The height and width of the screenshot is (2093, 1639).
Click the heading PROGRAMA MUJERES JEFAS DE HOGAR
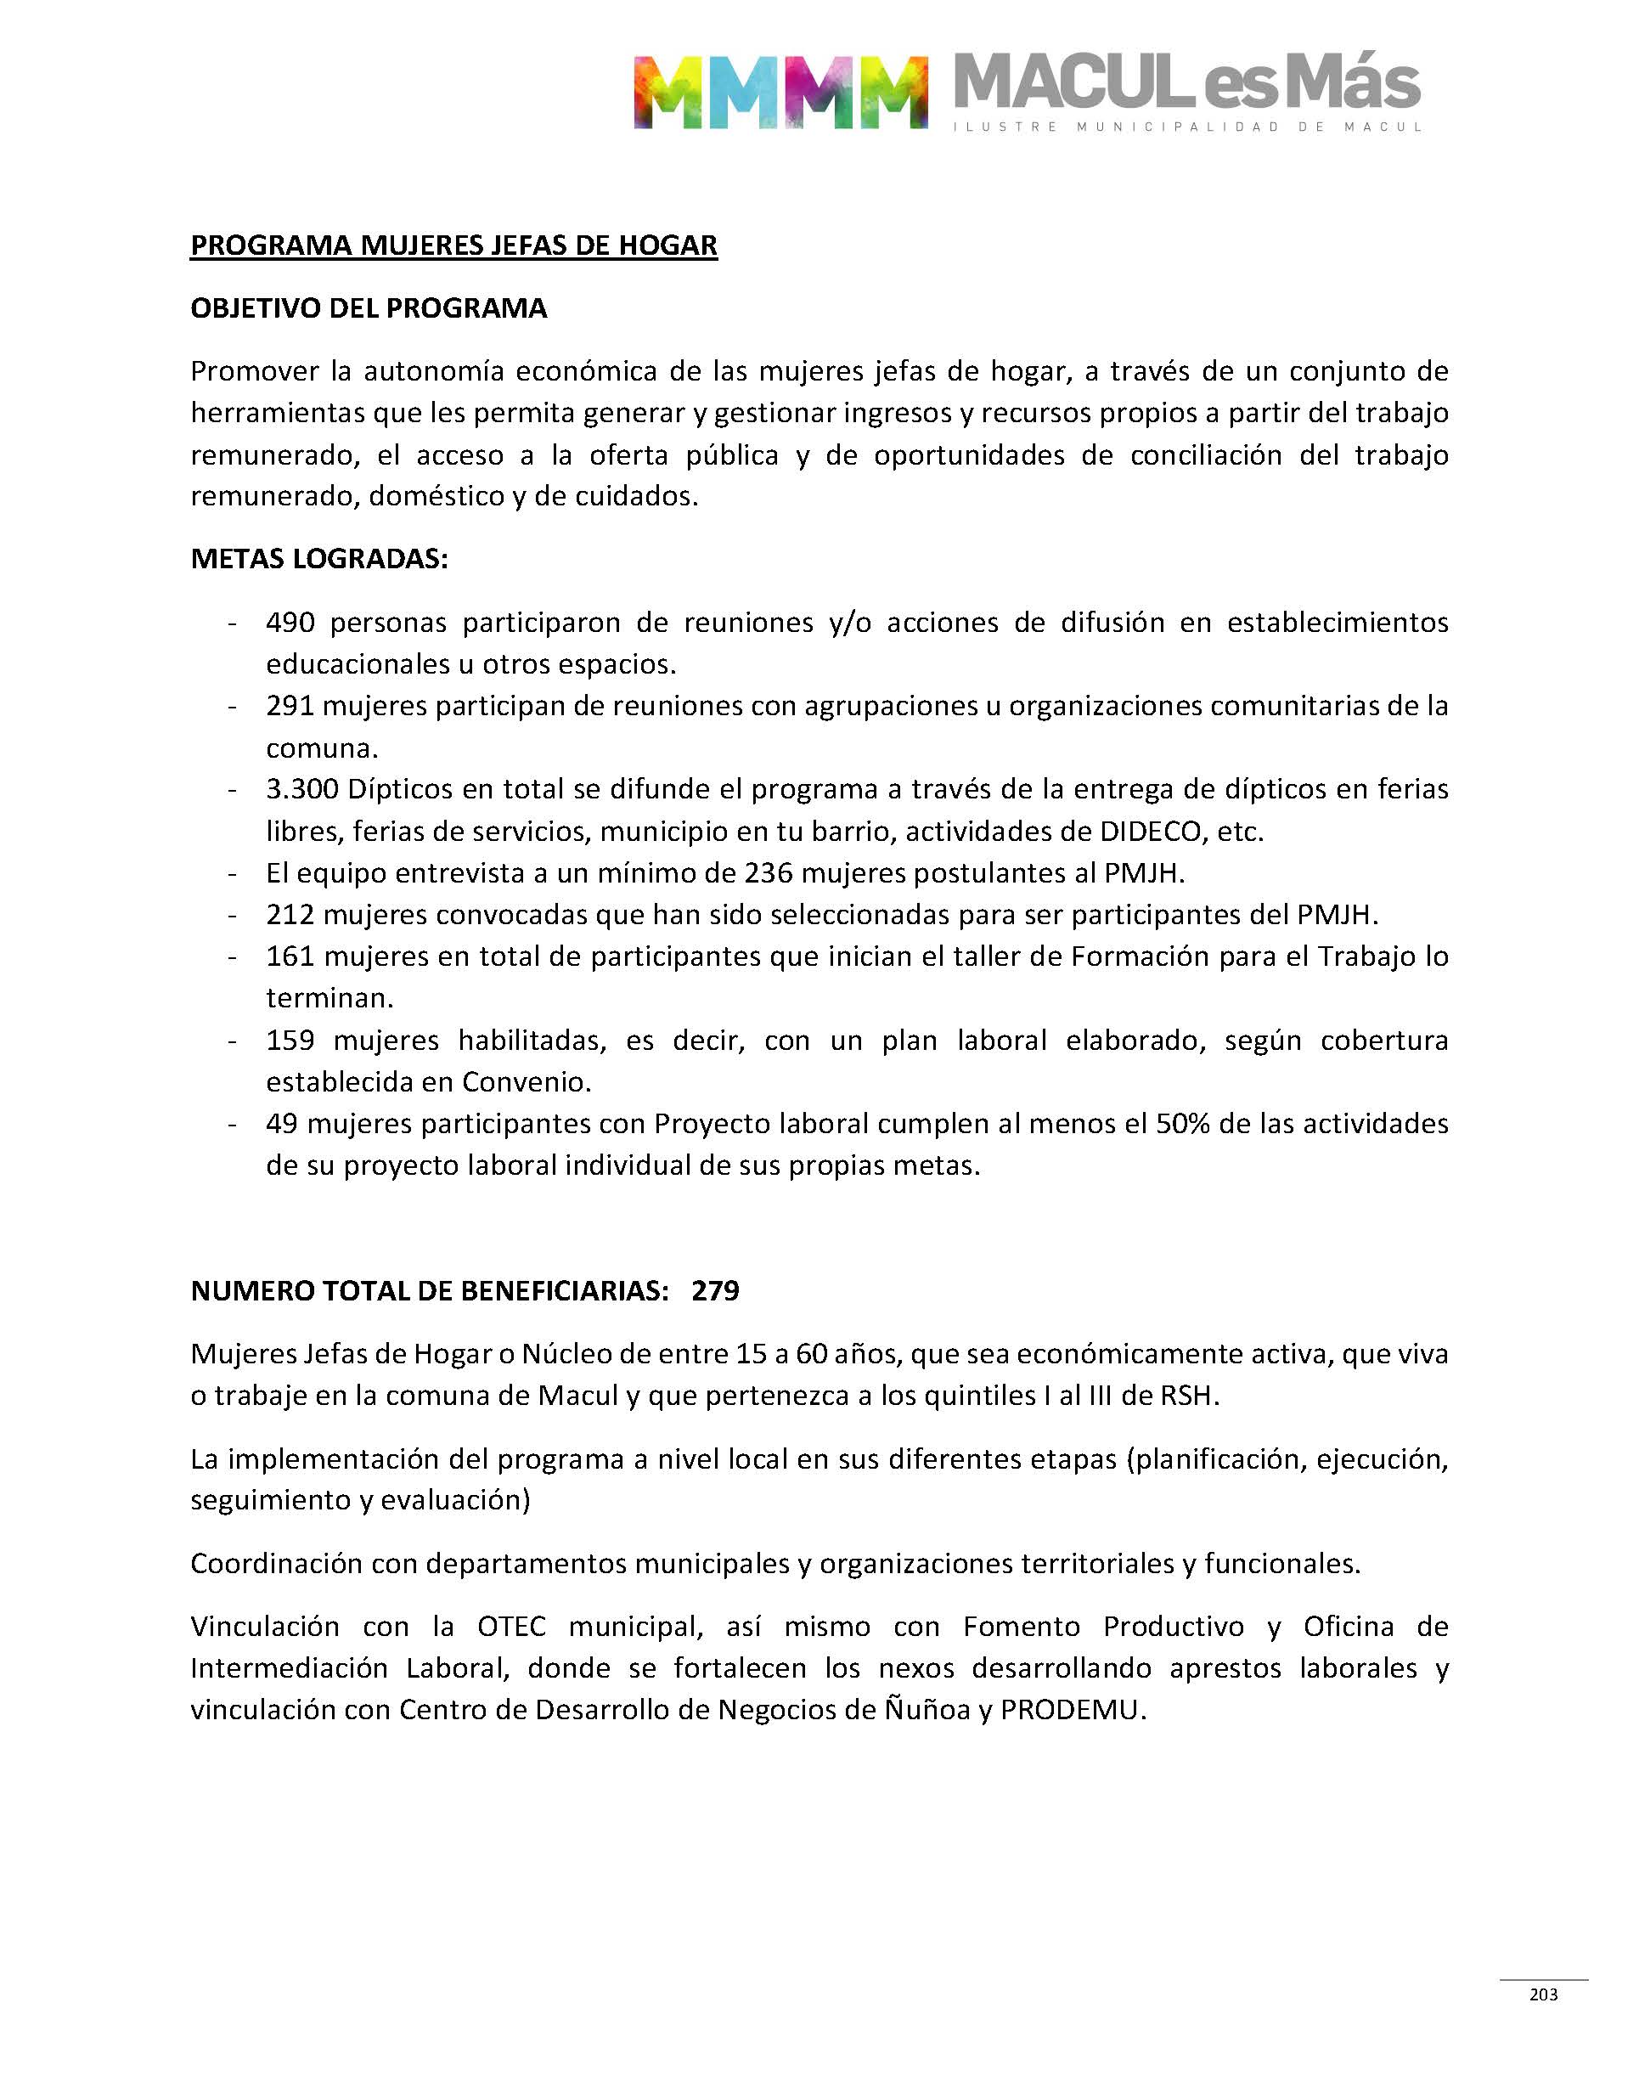click(x=453, y=245)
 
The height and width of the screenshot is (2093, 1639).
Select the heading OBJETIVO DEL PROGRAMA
click(x=369, y=308)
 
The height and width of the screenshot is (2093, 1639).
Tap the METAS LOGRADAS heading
click(x=318, y=559)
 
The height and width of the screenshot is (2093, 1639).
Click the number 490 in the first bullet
click(x=290, y=623)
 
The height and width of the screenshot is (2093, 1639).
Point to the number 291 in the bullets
click(x=290, y=707)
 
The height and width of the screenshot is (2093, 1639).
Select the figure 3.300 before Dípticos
click(x=302, y=790)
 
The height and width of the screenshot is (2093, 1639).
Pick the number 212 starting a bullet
click(x=290, y=915)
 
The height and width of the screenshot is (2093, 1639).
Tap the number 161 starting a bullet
click(x=290, y=956)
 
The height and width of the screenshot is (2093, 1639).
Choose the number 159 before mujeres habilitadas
click(x=290, y=1041)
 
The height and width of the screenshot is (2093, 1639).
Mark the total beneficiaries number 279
click(x=715, y=1291)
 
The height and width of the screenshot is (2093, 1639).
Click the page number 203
click(x=1543, y=1995)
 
